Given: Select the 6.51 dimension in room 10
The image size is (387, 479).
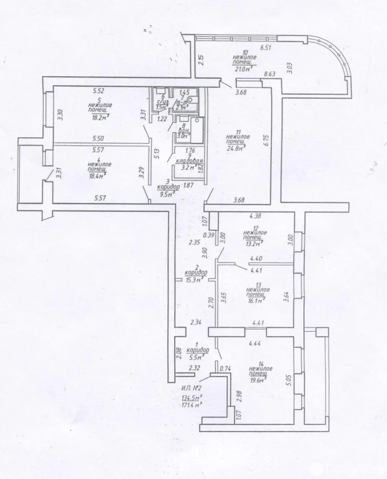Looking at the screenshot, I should coord(266,47).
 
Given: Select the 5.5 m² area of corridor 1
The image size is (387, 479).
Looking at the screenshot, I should coord(198,356).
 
